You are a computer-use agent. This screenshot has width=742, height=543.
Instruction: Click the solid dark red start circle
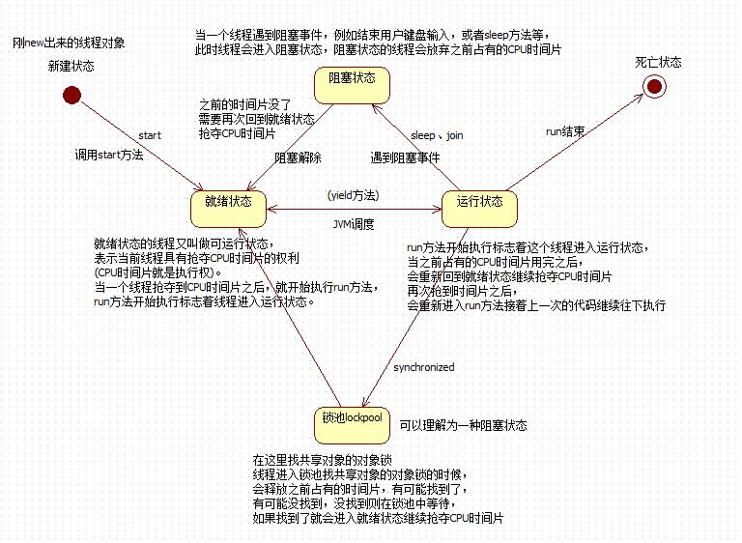click(x=71, y=95)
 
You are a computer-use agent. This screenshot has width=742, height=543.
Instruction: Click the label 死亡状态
click(x=658, y=62)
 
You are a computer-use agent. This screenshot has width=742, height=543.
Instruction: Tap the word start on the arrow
click(x=150, y=135)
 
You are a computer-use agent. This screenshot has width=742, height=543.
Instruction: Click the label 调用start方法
click(x=109, y=155)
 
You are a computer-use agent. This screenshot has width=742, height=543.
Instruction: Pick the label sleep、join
click(x=437, y=135)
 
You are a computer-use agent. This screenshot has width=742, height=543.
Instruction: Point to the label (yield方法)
click(x=353, y=195)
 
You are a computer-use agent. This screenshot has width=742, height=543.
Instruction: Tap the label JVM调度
click(x=353, y=224)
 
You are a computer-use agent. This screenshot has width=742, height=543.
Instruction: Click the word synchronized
click(x=423, y=367)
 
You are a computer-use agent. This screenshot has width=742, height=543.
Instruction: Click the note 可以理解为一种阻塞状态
click(x=464, y=425)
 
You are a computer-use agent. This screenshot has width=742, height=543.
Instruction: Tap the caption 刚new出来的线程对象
click(x=69, y=43)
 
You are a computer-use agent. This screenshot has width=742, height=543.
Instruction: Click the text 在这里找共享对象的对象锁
click(x=322, y=460)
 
